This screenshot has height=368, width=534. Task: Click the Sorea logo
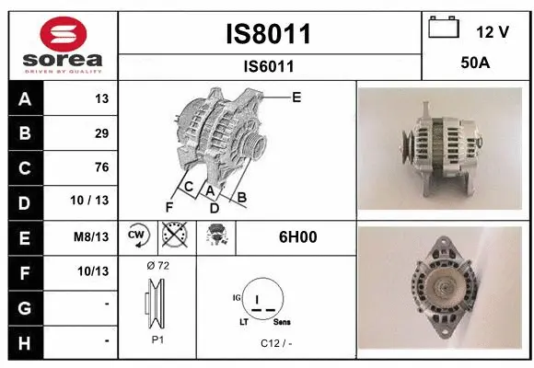(x=63, y=44)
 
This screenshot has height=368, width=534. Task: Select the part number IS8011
(x=269, y=35)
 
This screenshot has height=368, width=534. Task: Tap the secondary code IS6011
(x=269, y=66)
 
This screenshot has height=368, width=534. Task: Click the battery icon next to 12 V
(x=444, y=29)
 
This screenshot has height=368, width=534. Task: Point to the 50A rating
(x=475, y=64)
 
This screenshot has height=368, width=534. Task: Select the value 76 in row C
(x=101, y=167)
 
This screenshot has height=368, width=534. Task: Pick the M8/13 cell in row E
(x=93, y=236)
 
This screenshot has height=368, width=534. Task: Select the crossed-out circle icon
(x=172, y=236)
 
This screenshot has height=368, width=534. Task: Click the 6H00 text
(x=297, y=236)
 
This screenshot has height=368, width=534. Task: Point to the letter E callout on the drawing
(x=296, y=97)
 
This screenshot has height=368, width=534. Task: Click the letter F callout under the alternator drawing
(x=168, y=206)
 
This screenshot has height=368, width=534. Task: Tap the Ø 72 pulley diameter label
(x=157, y=265)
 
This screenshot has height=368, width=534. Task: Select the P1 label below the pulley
(x=157, y=339)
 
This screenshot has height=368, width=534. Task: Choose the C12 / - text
(x=275, y=343)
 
